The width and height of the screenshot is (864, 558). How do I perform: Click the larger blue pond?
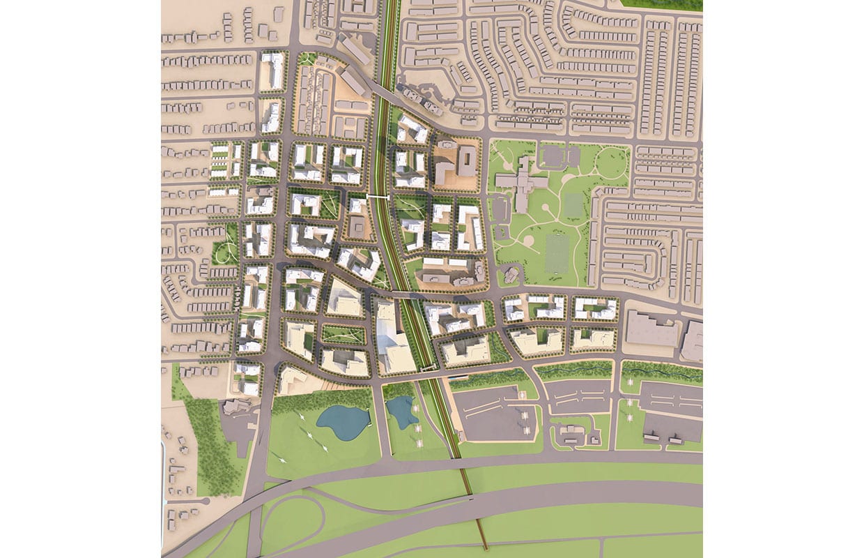pos(342,422)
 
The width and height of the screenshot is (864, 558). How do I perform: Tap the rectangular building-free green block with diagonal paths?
pos(341,335)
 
